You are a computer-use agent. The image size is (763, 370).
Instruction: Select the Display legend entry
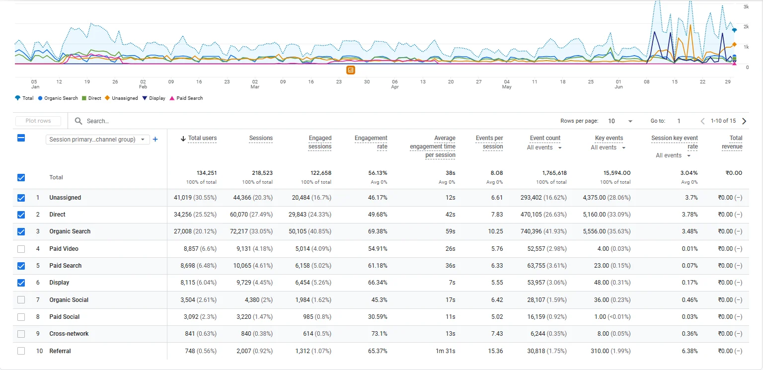[x=153, y=98]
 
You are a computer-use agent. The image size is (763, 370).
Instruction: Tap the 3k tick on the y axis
[x=746, y=7]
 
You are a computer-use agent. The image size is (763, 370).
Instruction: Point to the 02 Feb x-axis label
[x=143, y=84]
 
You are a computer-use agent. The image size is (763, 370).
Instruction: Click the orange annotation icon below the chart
[x=351, y=70]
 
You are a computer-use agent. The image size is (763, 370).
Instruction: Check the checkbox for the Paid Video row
[x=21, y=249]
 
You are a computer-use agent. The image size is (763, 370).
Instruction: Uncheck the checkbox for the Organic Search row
[x=21, y=231]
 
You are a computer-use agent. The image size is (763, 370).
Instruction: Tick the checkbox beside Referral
[x=21, y=351]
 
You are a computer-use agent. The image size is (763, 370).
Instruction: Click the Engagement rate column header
[x=371, y=143]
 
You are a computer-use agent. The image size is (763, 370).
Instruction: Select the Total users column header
[x=202, y=138]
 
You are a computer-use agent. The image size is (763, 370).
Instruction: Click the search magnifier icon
[x=78, y=121]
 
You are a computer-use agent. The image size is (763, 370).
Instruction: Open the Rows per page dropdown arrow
[x=630, y=121]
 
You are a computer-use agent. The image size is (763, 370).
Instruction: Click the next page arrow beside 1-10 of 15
[x=744, y=121]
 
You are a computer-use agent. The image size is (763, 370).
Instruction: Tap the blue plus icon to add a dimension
[x=155, y=140]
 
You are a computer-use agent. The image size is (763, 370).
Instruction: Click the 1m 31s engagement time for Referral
[x=445, y=351]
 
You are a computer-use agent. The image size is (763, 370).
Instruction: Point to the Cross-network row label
[x=69, y=334]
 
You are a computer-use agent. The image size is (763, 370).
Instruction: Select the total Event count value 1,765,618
[x=552, y=173]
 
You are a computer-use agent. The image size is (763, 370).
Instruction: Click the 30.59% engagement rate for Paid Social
[x=378, y=316]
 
